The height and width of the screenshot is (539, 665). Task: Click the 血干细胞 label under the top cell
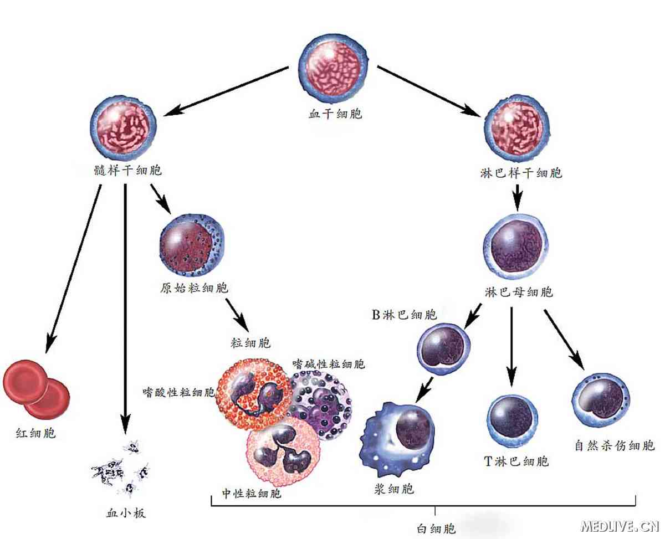click(x=335, y=114)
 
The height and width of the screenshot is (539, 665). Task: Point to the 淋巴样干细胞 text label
click(x=521, y=173)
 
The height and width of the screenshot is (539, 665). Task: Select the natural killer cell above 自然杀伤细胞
click(x=601, y=399)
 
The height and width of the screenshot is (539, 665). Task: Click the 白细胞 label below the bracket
click(x=436, y=528)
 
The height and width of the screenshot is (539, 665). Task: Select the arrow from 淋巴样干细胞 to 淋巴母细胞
click(x=518, y=196)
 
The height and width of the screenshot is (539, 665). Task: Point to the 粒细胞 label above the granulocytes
click(x=250, y=343)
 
